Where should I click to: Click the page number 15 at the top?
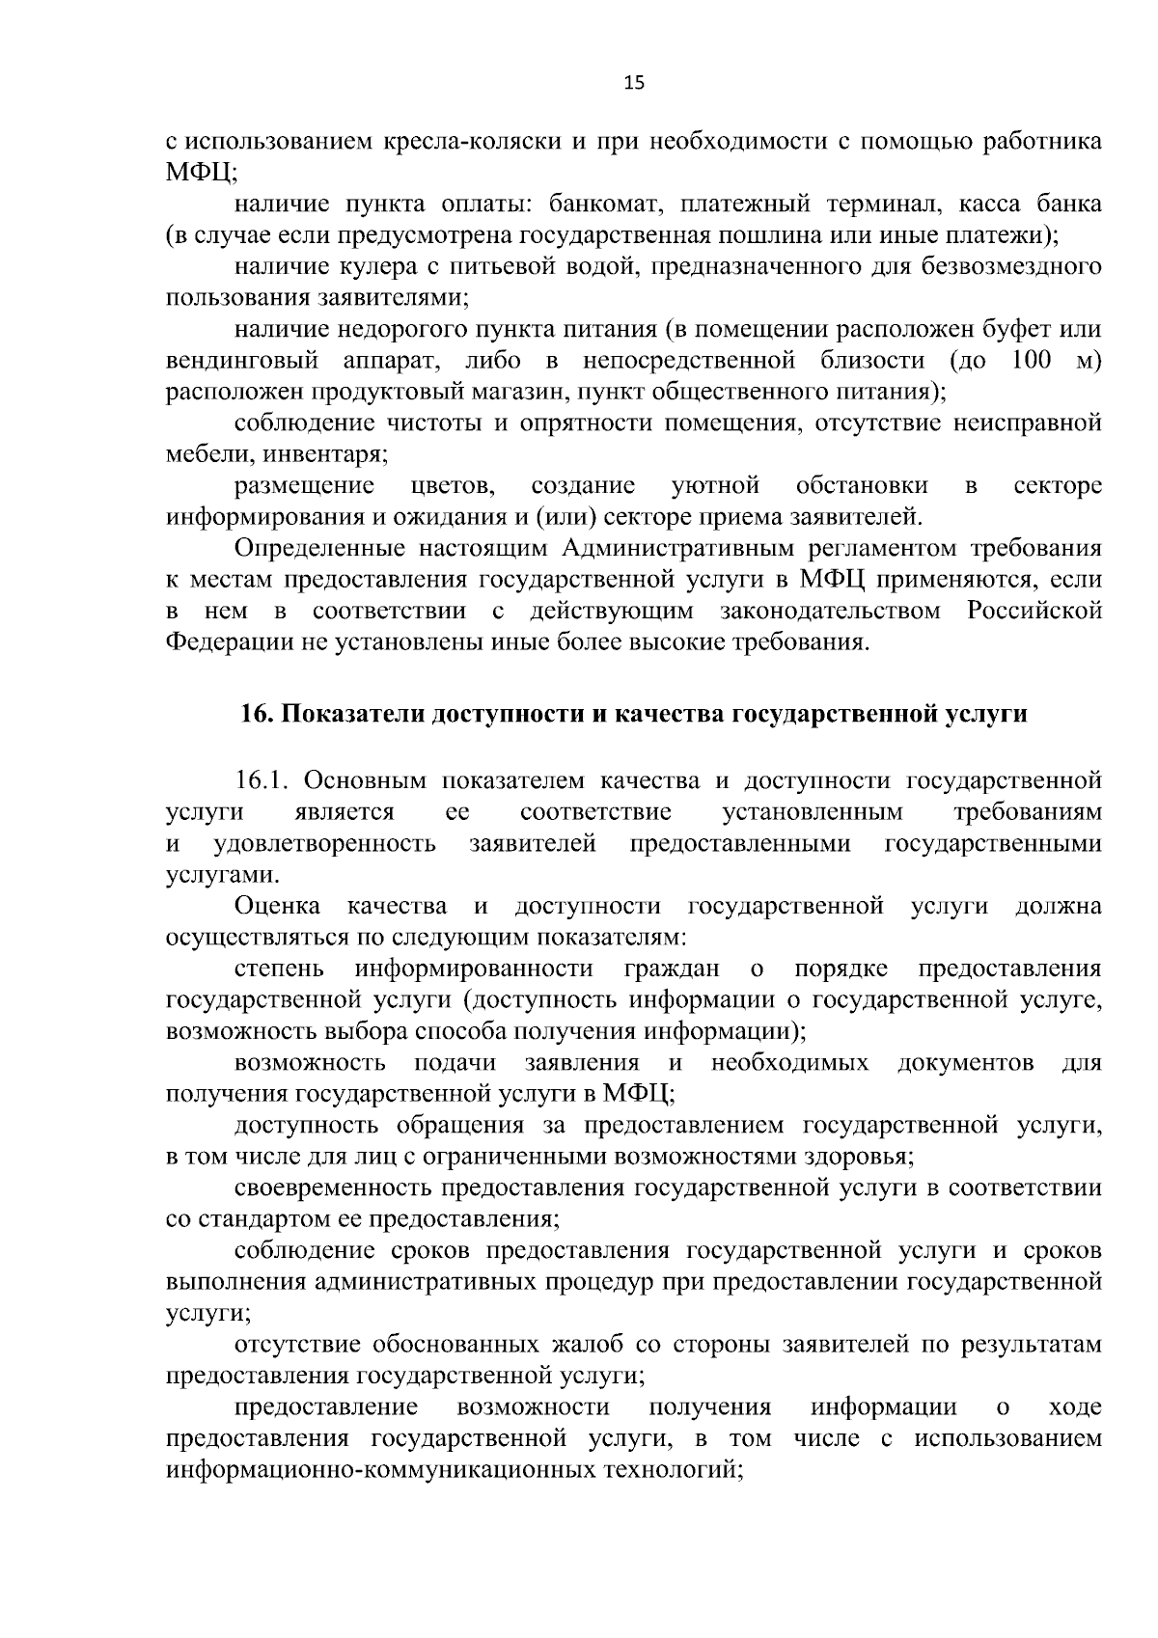(633, 82)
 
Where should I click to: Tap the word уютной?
(715, 485)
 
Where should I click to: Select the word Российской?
(1034, 611)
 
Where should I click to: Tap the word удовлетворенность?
(324, 844)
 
